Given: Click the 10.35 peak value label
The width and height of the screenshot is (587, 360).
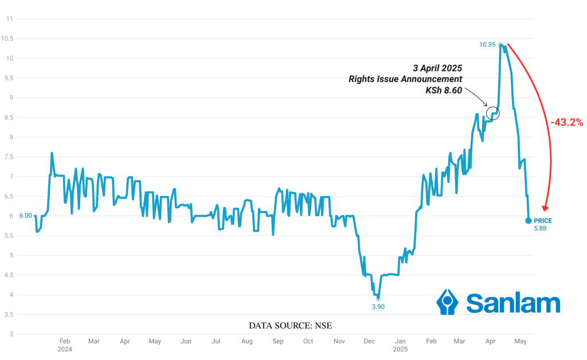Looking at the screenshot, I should tap(488, 44).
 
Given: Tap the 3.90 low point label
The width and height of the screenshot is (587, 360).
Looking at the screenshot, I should tap(377, 307).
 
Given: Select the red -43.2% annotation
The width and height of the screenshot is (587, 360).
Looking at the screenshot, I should tap(566, 122).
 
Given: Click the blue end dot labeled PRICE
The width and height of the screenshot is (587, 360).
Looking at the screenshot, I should tap(528, 221).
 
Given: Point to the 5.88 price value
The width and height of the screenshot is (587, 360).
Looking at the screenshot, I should tap(540, 229).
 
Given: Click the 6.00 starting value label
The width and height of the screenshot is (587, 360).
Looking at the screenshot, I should tap(25, 216).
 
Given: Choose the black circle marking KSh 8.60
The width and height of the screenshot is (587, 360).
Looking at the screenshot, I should tap(493, 112).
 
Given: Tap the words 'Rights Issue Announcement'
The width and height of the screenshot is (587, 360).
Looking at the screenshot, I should tap(405, 79).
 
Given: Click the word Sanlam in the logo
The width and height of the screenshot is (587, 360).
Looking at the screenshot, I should tap(512, 303).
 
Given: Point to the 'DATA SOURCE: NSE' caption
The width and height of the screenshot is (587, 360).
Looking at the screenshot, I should tap(290, 326).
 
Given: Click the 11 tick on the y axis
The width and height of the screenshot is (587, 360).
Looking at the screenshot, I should tap(9, 19).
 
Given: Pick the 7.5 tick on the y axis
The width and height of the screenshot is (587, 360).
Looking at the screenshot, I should tap(9, 157).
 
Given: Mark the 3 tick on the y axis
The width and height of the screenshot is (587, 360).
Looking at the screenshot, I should tap(10, 334).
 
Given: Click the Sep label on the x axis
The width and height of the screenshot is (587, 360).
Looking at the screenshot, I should tap(277, 342).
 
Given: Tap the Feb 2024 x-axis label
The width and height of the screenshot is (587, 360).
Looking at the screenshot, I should tap(65, 345).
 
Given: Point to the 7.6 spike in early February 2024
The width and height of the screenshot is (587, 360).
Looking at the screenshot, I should tap(52, 153).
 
